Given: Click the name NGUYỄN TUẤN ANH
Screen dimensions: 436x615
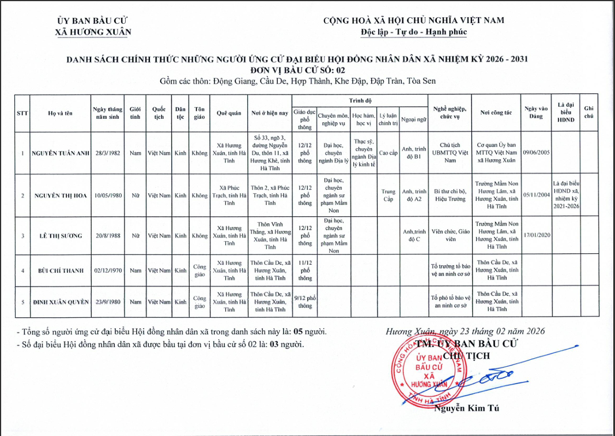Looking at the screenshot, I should click(x=60, y=153).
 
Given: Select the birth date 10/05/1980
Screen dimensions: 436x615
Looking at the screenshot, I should click(x=106, y=196).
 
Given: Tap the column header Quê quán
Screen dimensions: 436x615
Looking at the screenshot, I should click(x=229, y=113).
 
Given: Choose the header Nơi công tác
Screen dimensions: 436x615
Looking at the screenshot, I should click(x=496, y=113).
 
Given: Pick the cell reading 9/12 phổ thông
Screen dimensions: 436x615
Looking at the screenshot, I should click(x=304, y=302).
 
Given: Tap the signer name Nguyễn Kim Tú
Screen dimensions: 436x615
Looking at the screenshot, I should click(x=467, y=409).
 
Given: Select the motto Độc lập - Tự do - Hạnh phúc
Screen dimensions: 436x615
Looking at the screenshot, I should click(x=413, y=32).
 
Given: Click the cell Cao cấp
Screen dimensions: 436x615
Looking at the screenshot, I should click(x=388, y=153).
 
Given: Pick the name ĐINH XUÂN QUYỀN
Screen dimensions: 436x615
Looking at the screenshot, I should click(x=60, y=302).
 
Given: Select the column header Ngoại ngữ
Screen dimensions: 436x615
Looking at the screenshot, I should click(x=414, y=120).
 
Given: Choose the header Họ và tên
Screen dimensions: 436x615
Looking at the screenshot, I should click(x=60, y=113).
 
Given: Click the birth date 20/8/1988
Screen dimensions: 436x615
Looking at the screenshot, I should click(x=106, y=235).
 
